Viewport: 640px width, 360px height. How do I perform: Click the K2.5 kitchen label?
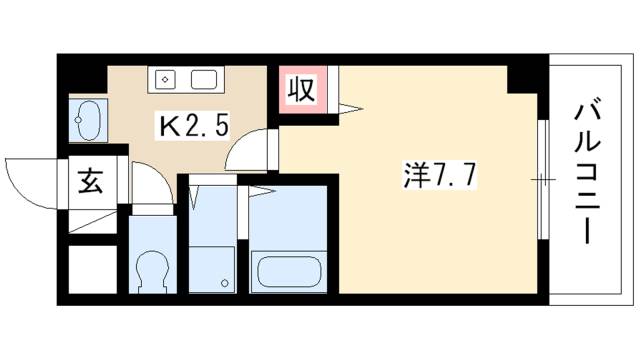tap(193, 126)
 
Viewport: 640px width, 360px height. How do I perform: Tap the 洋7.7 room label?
tap(440, 177)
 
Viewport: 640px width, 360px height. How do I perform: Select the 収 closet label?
tap(301, 90)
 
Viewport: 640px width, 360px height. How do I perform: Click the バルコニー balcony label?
tap(588, 173)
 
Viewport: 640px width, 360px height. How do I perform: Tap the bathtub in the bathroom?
tap(289, 271)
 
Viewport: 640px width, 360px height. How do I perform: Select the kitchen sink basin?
tap(204, 79)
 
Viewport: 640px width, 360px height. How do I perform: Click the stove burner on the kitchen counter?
tap(165, 79)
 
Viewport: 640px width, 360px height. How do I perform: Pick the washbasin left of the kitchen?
tap(87, 120)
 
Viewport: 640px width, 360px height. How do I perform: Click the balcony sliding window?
tap(543, 180)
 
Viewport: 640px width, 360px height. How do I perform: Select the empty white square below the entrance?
tap(93, 269)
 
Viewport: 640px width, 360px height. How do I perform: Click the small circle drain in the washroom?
tap(224, 282)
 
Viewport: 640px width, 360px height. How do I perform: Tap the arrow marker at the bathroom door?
tap(262, 191)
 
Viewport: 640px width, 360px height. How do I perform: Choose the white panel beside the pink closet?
tap(333, 89)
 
